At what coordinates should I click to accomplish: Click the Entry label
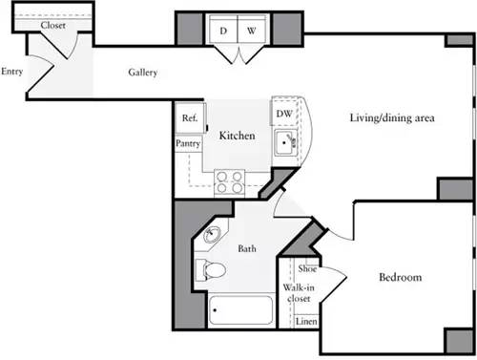click(12, 72)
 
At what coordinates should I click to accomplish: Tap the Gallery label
click(142, 74)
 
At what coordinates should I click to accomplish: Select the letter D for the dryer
click(223, 31)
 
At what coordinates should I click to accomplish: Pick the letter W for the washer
click(251, 31)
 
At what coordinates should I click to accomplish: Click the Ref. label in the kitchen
click(188, 118)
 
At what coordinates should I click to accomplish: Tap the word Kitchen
click(237, 137)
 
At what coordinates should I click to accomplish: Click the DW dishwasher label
click(283, 115)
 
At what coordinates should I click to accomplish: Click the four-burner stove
click(229, 180)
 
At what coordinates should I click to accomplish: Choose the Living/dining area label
click(392, 118)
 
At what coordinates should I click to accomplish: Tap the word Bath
click(246, 249)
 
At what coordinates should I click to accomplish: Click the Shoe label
click(306, 270)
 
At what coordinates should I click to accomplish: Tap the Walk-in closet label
click(299, 292)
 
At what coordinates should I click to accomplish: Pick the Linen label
click(305, 322)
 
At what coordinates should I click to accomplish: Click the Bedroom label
click(400, 278)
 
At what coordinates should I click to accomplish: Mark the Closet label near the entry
click(52, 25)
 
